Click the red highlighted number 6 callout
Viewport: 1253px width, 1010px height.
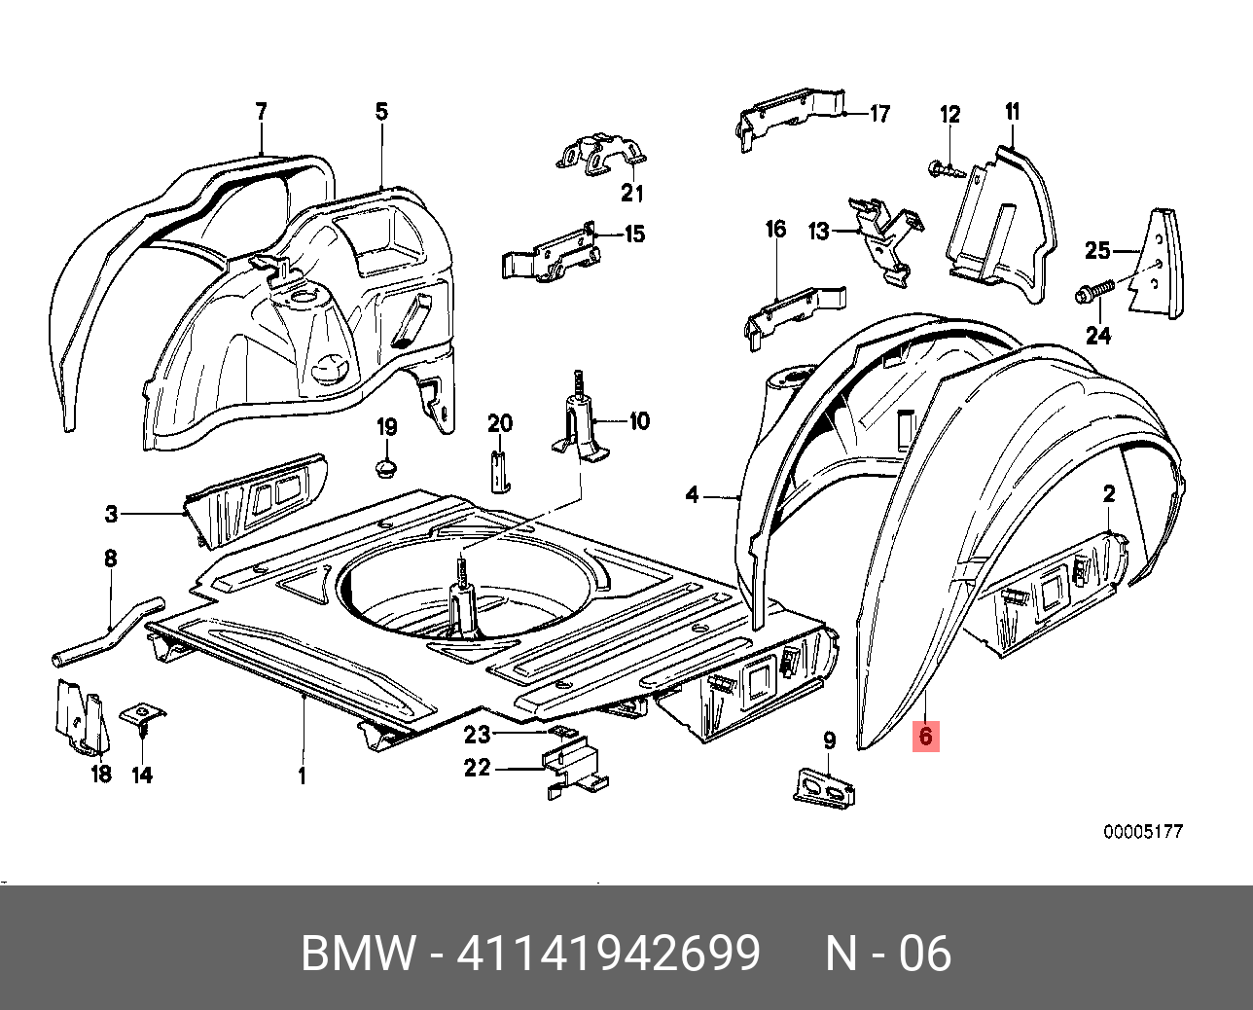click(925, 737)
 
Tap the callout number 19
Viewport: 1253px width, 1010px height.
click(386, 427)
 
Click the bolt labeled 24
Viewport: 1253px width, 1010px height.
click(1093, 291)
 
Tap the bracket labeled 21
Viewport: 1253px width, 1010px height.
click(600, 156)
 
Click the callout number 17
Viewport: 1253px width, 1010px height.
click(879, 115)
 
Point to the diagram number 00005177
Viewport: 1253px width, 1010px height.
click(1142, 832)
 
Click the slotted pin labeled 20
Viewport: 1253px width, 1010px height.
click(498, 472)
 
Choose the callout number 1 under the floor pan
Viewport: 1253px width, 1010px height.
click(302, 776)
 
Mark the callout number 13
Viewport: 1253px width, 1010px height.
click(819, 231)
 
